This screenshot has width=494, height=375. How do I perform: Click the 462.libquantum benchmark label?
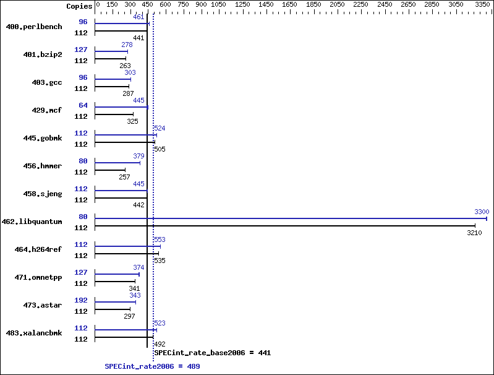[32, 222]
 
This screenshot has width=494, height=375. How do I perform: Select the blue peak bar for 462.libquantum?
[291, 218]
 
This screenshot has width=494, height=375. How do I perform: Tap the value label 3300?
[482, 212]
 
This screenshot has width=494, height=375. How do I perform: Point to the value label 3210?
[474, 233]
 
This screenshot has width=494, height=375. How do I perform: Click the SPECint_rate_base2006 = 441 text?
[213, 353]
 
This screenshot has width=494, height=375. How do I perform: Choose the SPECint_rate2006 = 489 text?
[152, 366]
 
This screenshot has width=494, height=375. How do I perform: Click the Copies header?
[79, 6]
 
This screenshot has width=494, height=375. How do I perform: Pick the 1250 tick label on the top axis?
[242, 4]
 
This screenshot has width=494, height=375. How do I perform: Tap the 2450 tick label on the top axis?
[385, 4]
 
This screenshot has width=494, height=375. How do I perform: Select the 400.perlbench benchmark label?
[34, 27]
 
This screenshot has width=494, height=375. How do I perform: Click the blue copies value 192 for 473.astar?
[81, 300]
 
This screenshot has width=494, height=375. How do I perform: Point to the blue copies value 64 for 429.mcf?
[83, 105]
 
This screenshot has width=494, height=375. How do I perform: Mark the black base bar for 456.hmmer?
[110, 170]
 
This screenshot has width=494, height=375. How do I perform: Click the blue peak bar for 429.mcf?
[121, 107]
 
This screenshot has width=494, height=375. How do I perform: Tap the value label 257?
[124, 177]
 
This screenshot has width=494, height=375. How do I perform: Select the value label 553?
[160, 239]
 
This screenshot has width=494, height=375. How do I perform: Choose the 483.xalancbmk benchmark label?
[34, 333]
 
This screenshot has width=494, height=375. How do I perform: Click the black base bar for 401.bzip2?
[110, 59]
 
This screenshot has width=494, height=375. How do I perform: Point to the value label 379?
[138, 156]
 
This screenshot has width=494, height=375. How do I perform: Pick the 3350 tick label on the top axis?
[482, 4]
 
